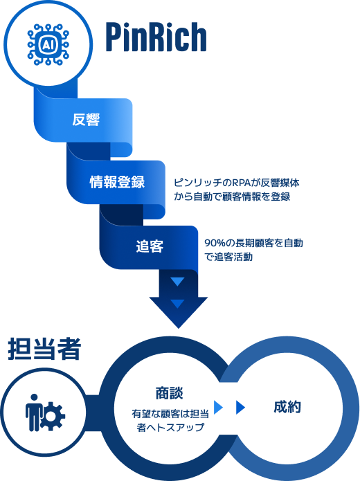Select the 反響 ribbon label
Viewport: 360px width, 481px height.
[x=87, y=120]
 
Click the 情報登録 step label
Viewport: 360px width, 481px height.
[x=117, y=183]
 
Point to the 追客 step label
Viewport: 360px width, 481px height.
[x=150, y=246]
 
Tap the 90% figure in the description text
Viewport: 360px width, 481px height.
[x=213, y=244]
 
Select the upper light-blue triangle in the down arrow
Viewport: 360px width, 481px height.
[x=178, y=282]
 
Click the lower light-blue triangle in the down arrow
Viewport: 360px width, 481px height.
[x=178, y=303]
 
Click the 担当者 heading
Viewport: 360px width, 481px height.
[x=45, y=350]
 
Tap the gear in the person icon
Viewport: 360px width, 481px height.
[x=54, y=416]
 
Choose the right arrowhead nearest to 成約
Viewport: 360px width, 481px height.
[x=241, y=407]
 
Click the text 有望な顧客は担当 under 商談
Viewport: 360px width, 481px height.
[x=170, y=414]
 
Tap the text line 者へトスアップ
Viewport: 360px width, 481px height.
[x=170, y=428]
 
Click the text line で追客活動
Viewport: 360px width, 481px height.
[x=228, y=257]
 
